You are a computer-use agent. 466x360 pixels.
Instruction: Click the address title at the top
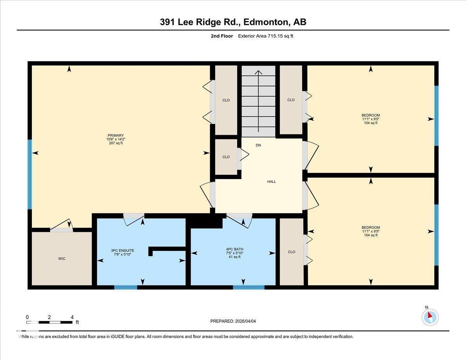[x=233, y=22]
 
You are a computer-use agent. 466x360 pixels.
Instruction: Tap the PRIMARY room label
[x=115, y=135]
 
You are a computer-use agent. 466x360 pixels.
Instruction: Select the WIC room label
[x=61, y=259]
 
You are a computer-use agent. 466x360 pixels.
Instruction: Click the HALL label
[x=271, y=181]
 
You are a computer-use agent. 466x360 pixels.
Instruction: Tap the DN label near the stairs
[x=258, y=146]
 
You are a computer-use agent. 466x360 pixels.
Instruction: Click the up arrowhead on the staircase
[x=258, y=72]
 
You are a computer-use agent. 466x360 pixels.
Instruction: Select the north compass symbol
[x=430, y=317]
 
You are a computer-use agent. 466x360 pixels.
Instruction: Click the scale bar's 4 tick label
[x=72, y=317]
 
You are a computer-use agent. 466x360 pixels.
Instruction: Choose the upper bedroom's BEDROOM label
[x=370, y=115]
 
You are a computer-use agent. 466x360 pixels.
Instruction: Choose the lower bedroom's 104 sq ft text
[x=370, y=235]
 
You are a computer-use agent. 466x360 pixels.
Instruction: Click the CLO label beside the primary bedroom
[x=226, y=100]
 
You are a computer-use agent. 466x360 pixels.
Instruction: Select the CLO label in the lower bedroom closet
[x=292, y=252]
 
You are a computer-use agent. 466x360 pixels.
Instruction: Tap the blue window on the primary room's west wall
[x=30, y=174]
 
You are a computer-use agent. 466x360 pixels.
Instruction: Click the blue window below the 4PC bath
[x=249, y=287]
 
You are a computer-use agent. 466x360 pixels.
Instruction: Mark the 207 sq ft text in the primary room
[x=115, y=143]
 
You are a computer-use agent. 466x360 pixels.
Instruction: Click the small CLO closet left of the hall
[x=226, y=157]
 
